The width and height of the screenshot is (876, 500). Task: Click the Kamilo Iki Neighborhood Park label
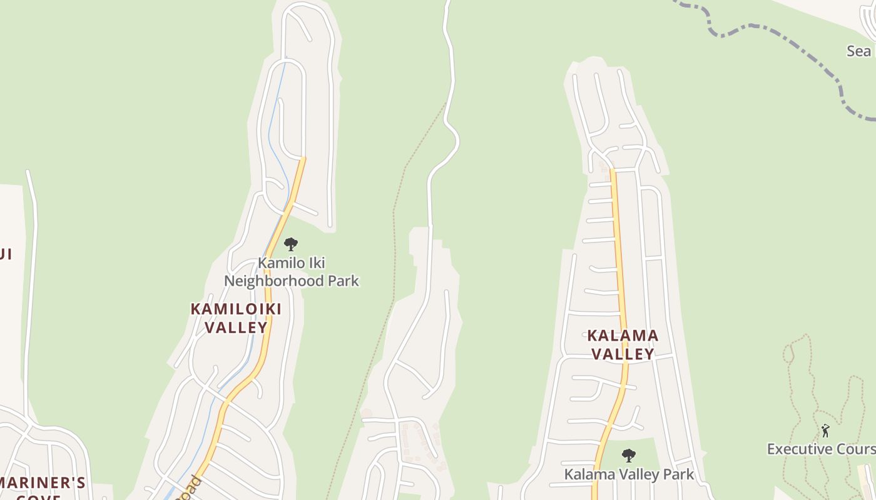click(292, 272)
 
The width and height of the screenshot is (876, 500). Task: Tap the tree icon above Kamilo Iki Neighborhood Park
click(290, 244)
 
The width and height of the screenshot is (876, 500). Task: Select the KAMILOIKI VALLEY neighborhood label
click(236, 317)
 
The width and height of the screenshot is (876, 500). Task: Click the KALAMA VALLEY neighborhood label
click(623, 344)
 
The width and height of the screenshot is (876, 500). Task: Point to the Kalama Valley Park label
click(629, 474)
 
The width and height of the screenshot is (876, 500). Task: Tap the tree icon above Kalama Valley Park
click(629, 455)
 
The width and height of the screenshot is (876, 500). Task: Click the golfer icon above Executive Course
click(825, 431)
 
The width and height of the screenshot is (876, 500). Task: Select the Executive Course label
click(821, 449)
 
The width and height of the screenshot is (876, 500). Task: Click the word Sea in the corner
click(858, 51)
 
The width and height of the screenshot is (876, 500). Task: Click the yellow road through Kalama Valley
click(619, 262)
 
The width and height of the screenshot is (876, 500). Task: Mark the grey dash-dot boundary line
click(782, 37)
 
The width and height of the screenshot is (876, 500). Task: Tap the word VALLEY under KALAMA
click(623, 354)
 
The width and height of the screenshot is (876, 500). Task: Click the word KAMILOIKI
click(236, 309)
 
